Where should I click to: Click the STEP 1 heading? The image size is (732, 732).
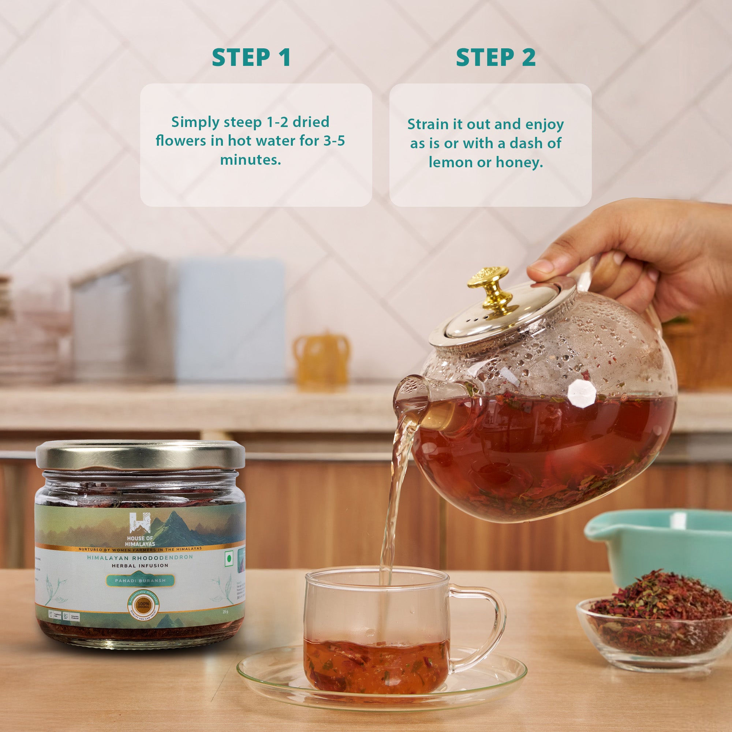pyautogui.click(x=251, y=57)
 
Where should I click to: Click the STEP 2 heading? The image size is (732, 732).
pyautogui.click(x=496, y=57)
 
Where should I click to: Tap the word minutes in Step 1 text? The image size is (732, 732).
pyautogui.click(x=250, y=160)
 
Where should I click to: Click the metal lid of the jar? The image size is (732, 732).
pyautogui.click(x=140, y=454)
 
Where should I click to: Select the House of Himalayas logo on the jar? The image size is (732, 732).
pyautogui.click(x=140, y=529)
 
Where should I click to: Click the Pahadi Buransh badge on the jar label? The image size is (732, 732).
pyautogui.click(x=140, y=580)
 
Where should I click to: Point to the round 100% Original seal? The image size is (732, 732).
pyautogui.click(x=143, y=605)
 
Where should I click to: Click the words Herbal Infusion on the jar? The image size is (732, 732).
pyautogui.click(x=140, y=566)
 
